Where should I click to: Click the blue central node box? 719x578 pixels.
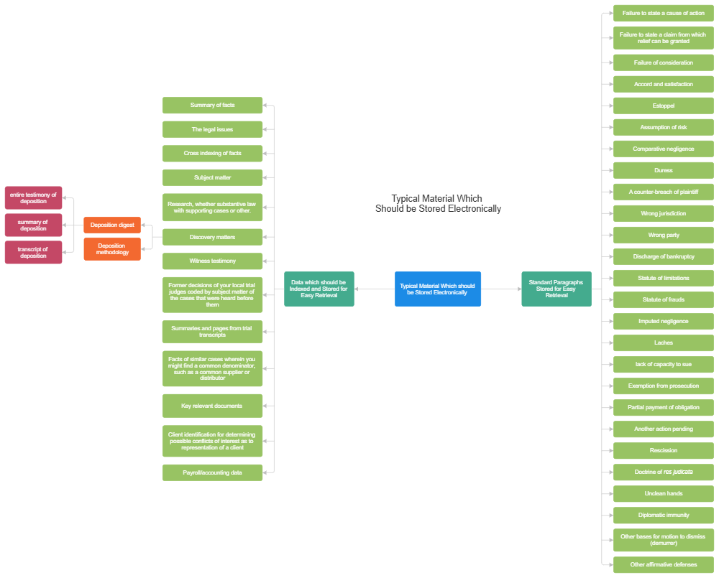point(437,289)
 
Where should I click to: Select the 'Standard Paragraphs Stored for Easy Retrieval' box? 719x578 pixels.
point(556,289)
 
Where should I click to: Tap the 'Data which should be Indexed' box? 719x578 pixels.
point(319,289)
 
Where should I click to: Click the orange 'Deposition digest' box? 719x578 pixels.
point(112,225)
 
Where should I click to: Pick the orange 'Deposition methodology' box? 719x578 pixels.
point(112,249)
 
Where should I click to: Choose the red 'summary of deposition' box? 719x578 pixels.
point(33,225)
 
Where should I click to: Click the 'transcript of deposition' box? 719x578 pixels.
point(33,252)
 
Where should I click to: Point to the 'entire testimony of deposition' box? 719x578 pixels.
point(33,197)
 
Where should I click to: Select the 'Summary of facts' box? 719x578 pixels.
point(212,106)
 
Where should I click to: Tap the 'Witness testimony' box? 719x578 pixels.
point(212,261)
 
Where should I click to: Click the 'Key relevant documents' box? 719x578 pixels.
point(212,406)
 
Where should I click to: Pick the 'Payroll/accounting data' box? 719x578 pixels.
point(212,472)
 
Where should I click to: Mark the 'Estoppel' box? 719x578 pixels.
point(663,106)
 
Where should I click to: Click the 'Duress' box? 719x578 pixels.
point(663,170)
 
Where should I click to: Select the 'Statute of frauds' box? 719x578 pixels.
point(663,299)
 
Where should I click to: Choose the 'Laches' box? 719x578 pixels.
point(663,342)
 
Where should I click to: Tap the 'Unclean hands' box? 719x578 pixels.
point(663,493)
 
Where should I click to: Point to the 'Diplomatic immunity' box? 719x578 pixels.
point(663,515)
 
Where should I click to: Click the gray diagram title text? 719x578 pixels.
point(437,203)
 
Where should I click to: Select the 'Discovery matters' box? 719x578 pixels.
point(212,237)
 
